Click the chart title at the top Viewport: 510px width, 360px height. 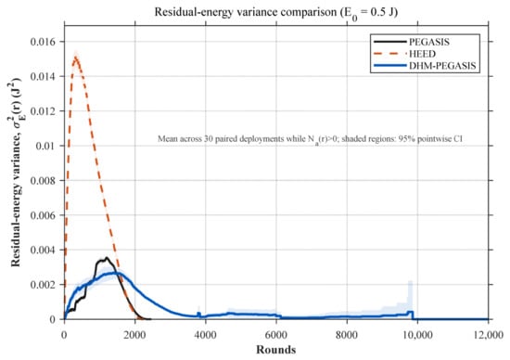click(x=276, y=13)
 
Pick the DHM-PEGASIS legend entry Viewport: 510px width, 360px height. click(x=425, y=66)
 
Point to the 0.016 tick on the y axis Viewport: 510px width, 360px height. click(x=43, y=42)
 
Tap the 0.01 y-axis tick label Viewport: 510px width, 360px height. click(x=45, y=146)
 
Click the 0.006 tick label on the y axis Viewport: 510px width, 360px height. click(x=43, y=215)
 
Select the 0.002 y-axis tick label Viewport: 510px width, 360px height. click(x=43, y=285)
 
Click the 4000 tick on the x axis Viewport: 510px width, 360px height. click(x=206, y=335)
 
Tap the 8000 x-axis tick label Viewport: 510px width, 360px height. click(x=347, y=335)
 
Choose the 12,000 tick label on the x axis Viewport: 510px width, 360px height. click(x=488, y=335)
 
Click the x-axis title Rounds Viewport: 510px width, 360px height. click(x=276, y=350)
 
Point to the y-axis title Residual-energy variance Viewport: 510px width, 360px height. click(x=15, y=173)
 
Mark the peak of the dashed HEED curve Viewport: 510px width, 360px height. click(x=76, y=58)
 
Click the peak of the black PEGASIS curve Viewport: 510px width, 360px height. click(x=107, y=258)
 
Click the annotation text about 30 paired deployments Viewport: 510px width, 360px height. click(x=310, y=139)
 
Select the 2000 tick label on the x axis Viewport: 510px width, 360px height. click(x=135, y=335)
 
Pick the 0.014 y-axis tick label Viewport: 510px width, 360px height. click(x=43, y=76)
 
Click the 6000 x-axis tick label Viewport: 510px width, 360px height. click(x=276, y=335)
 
